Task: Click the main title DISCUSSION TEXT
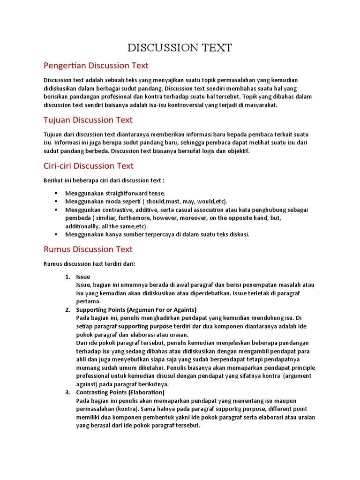click(180, 47)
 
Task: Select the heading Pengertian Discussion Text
click(96, 65)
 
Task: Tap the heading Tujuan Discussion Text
click(88, 120)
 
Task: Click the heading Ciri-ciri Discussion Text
click(89, 165)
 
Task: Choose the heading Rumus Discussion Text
click(88, 249)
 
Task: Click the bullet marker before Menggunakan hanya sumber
click(56, 234)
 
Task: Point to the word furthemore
click(143, 218)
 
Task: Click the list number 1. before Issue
click(67, 277)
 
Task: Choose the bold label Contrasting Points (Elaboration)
click(120, 392)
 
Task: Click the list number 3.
click(67, 392)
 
